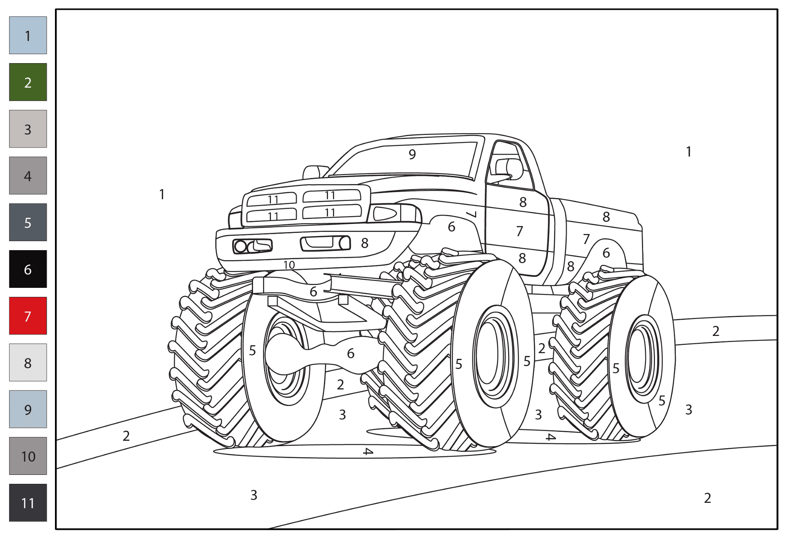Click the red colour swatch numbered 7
click(x=28, y=316)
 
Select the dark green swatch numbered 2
click(x=28, y=82)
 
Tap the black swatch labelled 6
click(x=28, y=269)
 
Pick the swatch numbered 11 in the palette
click(x=28, y=503)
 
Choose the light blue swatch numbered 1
click(x=28, y=35)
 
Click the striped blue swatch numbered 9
click(x=28, y=409)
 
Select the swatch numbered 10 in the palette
click(x=28, y=456)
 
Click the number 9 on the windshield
click(x=412, y=154)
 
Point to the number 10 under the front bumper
click(x=289, y=265)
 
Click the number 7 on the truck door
click(x=520, y=231)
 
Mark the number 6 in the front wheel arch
click(x=452, y=227)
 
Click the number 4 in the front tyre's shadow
click(x=368, y=451)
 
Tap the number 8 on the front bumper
click(x=365, y=243)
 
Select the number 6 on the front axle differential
click(x=351, y=353)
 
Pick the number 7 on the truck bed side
click(x=586, y=239)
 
